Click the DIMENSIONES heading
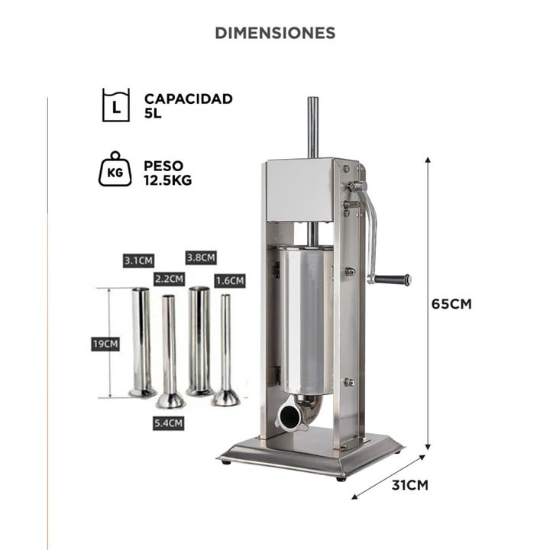[275, 33]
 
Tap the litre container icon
[116, 105]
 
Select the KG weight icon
[115, 169]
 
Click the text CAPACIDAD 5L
[189, 106]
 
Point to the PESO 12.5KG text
[167, 173]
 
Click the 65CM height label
[451, 304]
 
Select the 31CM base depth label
[410, 485]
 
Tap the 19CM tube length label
[105, 344]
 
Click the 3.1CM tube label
[138, 260]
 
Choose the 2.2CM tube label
[169, 280]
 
